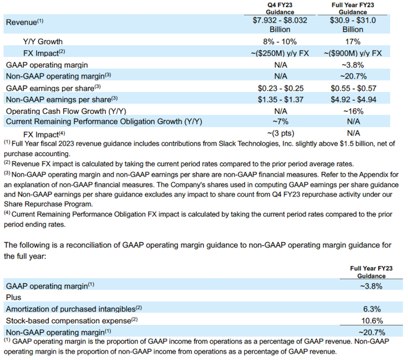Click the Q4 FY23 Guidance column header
pos(280,9)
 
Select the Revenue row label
pos(21,22)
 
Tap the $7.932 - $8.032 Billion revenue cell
pos(280,24)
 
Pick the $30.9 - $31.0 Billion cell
pos(353,24)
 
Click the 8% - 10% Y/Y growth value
pos(280,41)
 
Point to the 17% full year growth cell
pos(353,41)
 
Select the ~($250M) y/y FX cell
pos(280,53)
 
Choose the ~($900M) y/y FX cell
pos(353,53)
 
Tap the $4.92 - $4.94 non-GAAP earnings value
pos(353,99)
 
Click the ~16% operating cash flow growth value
pos(353,111)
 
